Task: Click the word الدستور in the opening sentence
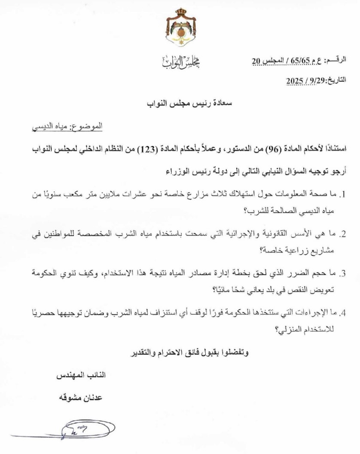click(x=230, y=150)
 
